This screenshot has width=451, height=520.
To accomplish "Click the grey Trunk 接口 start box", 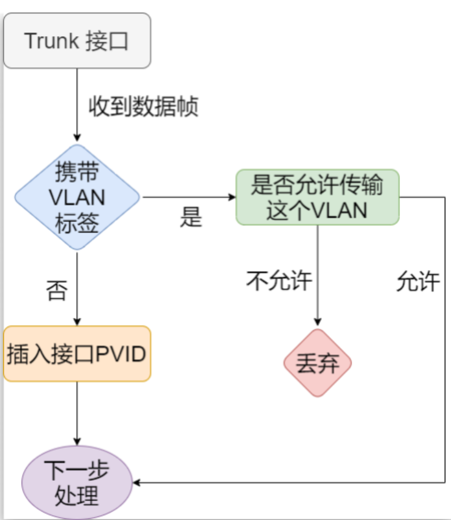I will tap(77, 40).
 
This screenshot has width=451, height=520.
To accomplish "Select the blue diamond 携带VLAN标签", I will tap(77, 197).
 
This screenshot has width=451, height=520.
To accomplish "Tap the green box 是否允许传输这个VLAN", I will tap(318, 197).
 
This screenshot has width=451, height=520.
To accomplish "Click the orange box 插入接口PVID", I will tap(77, 354).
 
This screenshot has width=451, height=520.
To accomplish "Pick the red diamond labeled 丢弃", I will tap(318, 363).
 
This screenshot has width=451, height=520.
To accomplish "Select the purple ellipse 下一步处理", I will tap(77, 483).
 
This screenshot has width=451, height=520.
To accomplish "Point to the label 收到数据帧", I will tap(143, 106).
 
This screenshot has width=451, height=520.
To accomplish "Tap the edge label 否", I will tap(56, 289).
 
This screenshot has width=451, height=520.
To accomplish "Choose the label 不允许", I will tap(279, 280).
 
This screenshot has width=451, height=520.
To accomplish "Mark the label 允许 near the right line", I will tap(417, 281).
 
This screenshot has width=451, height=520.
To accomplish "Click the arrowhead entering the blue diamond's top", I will tap(77, 139).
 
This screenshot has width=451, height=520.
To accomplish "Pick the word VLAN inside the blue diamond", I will tap(77, 198).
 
